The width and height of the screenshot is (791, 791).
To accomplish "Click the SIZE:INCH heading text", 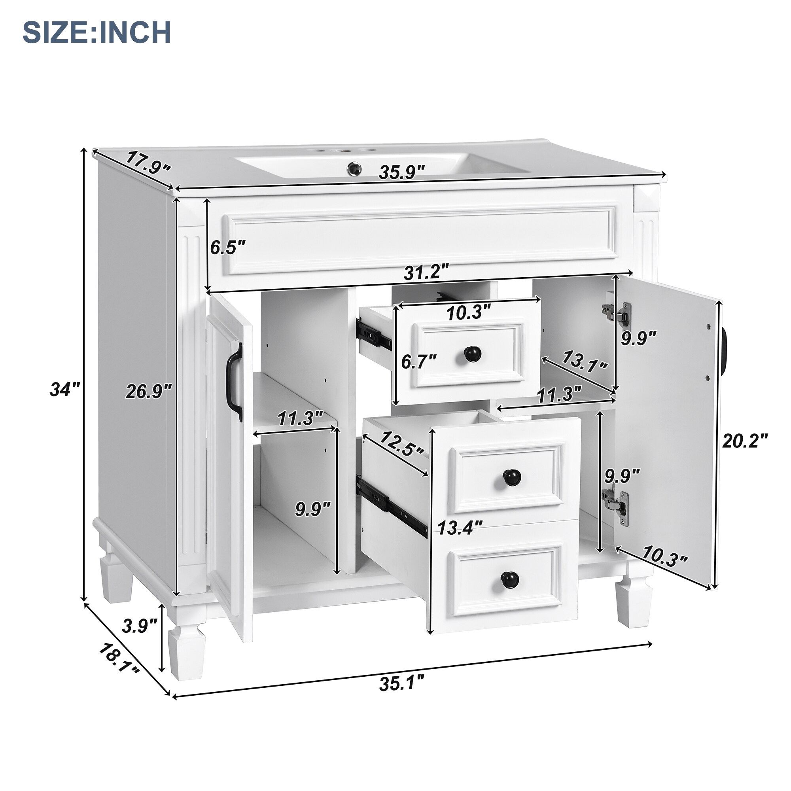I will pyautogui.click(x=97, y=32).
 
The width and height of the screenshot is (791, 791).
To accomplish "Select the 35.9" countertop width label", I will pyautogui.click(x=402, y=172).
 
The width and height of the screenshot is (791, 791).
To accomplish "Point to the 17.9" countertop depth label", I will pyautogui.click(x=148, y=163).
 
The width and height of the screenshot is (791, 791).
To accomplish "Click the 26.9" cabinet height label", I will pyautogui.click(x=148, y=392).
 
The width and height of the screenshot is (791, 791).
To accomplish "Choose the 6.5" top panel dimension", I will pyautogui.click(x=228, y=248).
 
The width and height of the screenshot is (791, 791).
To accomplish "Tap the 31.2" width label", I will pyautogui.click(x=426, y=272).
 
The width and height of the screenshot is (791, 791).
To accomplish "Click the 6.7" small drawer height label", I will pyautogui.click(x=418, y=362).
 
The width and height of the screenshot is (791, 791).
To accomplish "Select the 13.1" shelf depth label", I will pyautogui.click(x=583, y=362).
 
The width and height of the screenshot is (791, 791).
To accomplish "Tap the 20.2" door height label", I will pyautogui.click(x=744, y=441).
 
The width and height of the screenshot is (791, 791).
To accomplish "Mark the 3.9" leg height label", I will pyautogui.click(x=139, y=626).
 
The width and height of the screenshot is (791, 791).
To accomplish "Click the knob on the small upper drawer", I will pyautogui.click(x=473, y=354).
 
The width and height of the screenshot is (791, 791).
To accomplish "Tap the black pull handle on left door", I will pyautogui.click(x=235, y=383).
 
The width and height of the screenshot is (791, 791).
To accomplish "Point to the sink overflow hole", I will pyautogui.click(x=354, y=167).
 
